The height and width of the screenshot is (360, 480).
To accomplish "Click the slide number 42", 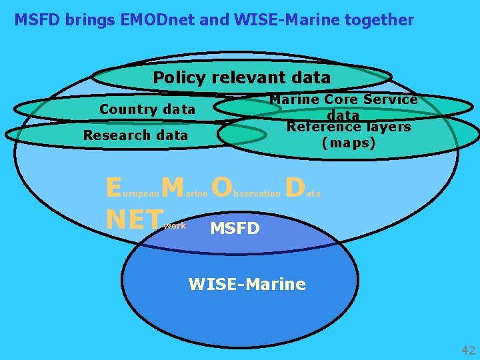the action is [468, 351].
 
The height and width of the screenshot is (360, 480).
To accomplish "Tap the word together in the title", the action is [376, 20].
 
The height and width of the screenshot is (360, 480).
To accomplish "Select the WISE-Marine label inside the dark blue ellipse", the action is [247, 285].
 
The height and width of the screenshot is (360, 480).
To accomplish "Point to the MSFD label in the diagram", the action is [235, 229].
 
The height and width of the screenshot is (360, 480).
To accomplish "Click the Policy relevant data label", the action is [242, 77].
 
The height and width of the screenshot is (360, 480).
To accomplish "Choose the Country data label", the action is [147, 109].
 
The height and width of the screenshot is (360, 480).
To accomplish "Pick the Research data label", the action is [135, 135].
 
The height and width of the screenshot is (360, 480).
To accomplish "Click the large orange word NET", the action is [134, 219].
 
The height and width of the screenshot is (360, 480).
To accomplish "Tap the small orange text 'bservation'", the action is [257, 193].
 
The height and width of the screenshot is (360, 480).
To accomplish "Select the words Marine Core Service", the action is [343, 99].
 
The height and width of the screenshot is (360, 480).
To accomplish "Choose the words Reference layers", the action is [349, 127].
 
